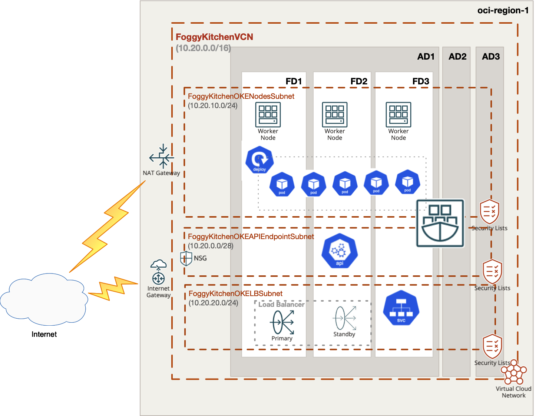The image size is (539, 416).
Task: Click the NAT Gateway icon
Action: tap(162, 157)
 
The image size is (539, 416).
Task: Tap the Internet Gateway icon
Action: tap(158, 272)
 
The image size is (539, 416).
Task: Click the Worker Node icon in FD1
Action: tap(268, 115)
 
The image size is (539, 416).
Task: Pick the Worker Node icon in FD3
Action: tap(398, 115)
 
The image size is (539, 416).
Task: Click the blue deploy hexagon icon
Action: tap(259, 160)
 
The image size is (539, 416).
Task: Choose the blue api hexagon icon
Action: tap(340, 251)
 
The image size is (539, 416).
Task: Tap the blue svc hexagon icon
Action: tap(401, 308)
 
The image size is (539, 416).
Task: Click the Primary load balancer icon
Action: tap(282, 322)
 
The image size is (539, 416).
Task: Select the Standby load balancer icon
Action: tap(345, 318)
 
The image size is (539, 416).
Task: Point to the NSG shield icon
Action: tap(186, 258)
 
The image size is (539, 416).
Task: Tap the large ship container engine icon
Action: tap(440, 223)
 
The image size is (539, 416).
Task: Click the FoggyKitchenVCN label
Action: tap(214, 37)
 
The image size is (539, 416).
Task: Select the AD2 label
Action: tap(457, 57)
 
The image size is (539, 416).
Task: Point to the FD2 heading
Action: tap(359, 81)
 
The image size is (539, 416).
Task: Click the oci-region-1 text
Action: tap(503, 10)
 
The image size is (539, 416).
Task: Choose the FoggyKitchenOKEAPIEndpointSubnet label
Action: tap(251, 236)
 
